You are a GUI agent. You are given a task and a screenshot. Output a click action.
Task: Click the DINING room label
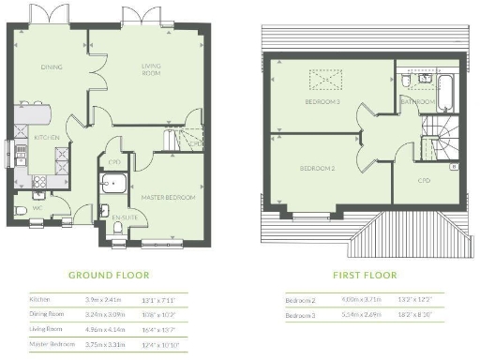(x=51, y=67)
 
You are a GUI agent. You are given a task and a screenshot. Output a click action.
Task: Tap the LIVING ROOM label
(x=151, y=68)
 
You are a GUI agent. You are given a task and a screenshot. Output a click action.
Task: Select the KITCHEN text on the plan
(x=47, y=138)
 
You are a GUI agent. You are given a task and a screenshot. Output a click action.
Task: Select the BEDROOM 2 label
(x=317, y=169)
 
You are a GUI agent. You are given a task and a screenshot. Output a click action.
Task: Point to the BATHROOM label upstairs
(x=419, y=101)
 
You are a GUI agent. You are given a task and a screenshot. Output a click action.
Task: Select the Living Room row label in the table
(x=46, y=331)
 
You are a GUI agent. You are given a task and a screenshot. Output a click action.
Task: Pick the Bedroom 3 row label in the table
(x=302, y=315)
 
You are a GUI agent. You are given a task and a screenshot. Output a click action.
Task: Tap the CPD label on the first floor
(x=424, y=180)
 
